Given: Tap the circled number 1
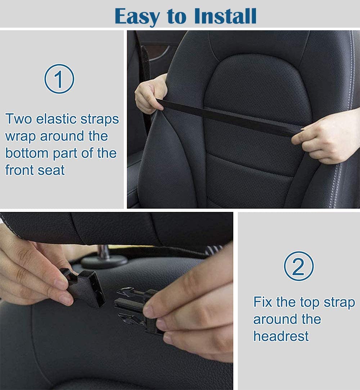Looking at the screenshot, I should tap(59, 79).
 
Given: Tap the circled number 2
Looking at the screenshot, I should tap(298, 266).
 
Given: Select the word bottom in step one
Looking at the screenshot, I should tap(27, 153).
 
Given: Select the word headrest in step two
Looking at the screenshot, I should tap(281, 336).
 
